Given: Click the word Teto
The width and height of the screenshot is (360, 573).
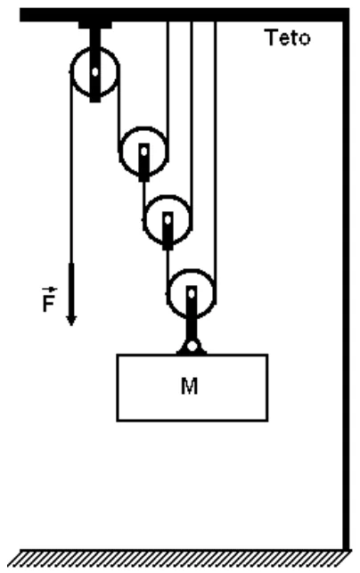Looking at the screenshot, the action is (288, 37).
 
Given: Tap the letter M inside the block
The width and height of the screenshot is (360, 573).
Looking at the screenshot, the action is (190, 386).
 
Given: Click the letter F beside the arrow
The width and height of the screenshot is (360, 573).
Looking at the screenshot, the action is (49, 303).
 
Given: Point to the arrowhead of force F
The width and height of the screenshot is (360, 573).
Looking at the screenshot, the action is (71, 321).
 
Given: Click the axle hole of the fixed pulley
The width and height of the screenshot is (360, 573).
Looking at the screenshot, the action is (95, 72).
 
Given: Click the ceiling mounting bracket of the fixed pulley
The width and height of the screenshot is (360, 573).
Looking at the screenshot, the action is (95, 25).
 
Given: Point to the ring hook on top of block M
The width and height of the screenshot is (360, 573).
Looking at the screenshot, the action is (192, 346).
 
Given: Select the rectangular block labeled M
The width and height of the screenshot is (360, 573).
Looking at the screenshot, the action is (192, 388).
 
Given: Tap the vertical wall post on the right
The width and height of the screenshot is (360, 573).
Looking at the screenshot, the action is (346, 285).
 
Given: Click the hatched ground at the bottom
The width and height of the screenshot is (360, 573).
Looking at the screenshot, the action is (180, 559).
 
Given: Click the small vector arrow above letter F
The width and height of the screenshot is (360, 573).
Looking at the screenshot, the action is (49, 290).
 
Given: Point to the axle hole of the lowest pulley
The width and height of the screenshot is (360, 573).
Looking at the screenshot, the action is (192, 293).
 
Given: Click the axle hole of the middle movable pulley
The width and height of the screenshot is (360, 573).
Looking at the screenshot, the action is (168, 220).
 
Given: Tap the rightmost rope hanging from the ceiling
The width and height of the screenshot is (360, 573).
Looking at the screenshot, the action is (215, 162).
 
